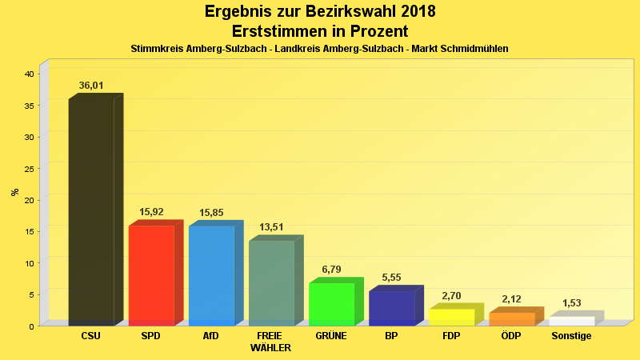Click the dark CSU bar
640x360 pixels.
(91, 212)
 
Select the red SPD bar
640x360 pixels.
(151, 275)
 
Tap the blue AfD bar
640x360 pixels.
(211, 275)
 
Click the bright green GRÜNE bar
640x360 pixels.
(331, 304)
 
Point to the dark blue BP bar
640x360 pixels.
(391, 308)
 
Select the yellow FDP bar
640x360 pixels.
(451, 317)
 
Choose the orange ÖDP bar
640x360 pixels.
(511, 318)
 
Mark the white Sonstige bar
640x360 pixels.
(571, 321)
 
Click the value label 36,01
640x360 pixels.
(91, 86)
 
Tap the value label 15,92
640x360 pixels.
(151, 212)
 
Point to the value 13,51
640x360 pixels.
(271, 227)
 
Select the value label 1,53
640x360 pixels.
(571, 303)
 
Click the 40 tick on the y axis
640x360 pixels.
(29, 74)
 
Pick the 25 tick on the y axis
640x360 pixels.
(29, 168)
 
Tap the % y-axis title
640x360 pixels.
(14, 192)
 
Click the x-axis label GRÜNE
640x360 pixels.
(331, 336)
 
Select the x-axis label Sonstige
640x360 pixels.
(571, 336)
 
